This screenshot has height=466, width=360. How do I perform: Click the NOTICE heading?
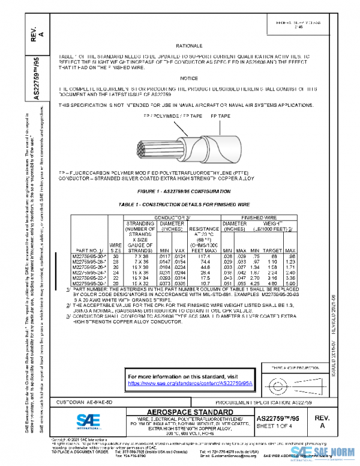coord(188,79)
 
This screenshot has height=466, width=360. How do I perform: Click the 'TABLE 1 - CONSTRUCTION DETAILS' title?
coord(184,204)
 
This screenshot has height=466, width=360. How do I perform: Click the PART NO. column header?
coord(88,250)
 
